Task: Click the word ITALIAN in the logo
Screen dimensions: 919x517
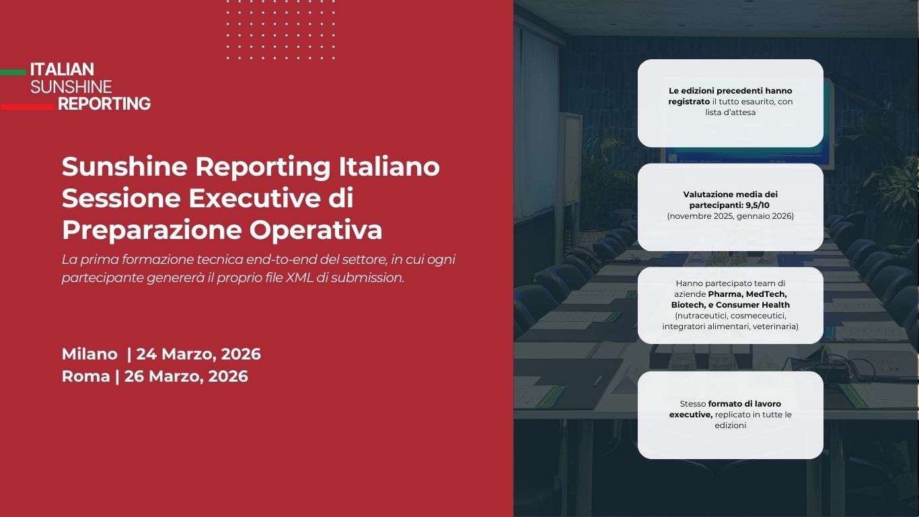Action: coord(62,69)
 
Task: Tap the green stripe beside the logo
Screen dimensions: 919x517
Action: coord(13,73)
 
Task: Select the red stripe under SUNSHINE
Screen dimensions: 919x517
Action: coord(27,107)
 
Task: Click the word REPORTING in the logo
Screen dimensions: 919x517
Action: coord(104,104)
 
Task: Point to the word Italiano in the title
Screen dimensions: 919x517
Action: coord(389,166)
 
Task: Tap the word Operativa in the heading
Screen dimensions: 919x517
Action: coord(316,230)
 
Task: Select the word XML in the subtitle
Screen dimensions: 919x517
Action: coord(299,277)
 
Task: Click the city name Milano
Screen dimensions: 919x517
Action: coord(89,354)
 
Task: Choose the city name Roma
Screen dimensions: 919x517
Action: coord(85,376)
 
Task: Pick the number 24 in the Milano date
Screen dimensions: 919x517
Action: coord(146,354)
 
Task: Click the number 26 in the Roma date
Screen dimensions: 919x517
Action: coord(134,376)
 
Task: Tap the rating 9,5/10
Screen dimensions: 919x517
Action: coord(758,205)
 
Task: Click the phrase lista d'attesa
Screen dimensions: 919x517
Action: coord(730,112)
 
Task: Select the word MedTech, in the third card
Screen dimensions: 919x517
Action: coord(766,294)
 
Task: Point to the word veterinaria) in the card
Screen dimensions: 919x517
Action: coord(776,326)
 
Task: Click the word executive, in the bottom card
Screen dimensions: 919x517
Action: coord(691,415)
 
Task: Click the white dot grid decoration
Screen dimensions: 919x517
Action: coord(281,30)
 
